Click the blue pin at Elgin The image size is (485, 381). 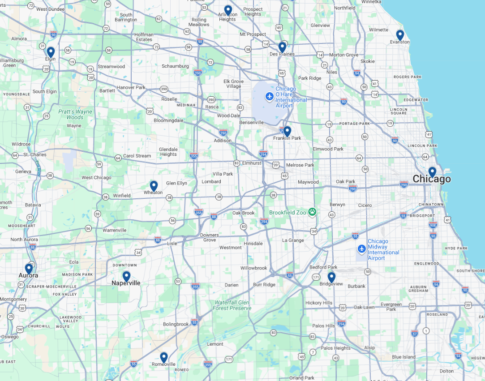tap(51, 52)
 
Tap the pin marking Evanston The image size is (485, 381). tap(400, 35)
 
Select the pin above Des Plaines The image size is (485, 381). tap(282, 47)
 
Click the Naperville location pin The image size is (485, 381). tap(126, 276)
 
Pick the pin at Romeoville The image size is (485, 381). tap(164, 357)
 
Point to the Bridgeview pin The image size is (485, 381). tap(331, 277)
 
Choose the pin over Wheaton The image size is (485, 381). tap(154, 186)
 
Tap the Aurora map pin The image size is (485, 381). tap(29, 269)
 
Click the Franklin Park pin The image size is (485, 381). tap(287, 131)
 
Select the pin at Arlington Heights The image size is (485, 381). tap(228, 10)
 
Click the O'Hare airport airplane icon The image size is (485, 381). tap(269, 96)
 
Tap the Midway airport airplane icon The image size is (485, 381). tap(362, 248)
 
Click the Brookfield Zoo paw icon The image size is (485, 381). tap(312, 212)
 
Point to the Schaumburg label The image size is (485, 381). tap(175, 66)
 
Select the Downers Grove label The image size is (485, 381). tap(210, 238)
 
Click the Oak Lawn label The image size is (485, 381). tap(364, 307)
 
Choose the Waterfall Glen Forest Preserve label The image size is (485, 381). tap(232, 305)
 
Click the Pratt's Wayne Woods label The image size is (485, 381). tap(75, 114)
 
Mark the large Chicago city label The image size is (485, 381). tap(432, 180)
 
